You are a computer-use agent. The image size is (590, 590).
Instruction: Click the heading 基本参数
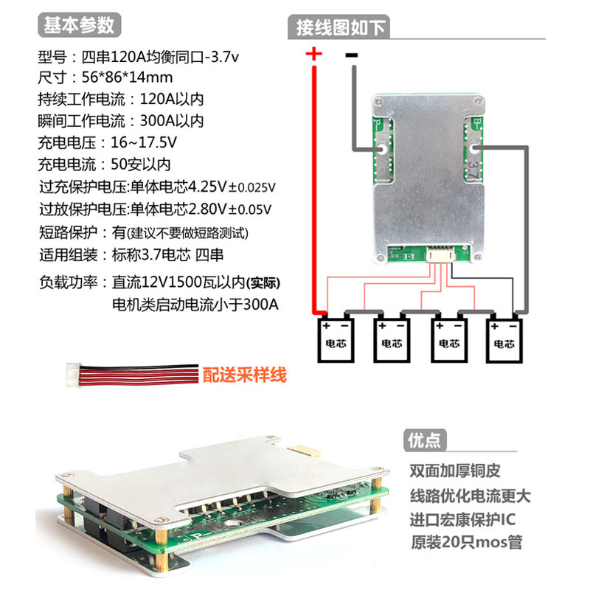click(x=79, y=25)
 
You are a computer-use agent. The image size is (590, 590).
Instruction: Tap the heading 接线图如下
click(x=341, y=27)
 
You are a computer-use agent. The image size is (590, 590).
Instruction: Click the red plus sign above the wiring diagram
click(x=314, y=54)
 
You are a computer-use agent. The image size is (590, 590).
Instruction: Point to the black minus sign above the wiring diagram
click(x=352, y=55)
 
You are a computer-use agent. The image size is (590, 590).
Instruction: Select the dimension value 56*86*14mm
click(x=127, y=77)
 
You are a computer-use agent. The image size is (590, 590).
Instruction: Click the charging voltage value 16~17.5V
click(x=143, y=142)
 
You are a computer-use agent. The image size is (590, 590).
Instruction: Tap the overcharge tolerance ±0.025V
click(x=251, y=187)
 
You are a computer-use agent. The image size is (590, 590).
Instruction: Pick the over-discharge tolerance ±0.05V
click(x=250, y=209)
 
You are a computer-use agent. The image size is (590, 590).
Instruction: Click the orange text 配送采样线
click(x=245, y=375)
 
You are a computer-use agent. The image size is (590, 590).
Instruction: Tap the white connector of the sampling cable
click(x=73, y=375)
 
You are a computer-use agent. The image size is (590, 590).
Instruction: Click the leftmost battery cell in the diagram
click(x=336, y=340)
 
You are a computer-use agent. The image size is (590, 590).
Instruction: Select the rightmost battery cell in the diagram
click(x=504, y=341)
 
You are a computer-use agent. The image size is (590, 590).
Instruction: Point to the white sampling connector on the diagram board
click(x=440, y=256)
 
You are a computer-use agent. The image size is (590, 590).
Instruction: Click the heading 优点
click(x=424, y=440)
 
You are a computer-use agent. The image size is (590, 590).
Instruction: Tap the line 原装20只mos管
click(x=467, y=542)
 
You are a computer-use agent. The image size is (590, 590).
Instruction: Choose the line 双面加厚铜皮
click(x=455, y=471)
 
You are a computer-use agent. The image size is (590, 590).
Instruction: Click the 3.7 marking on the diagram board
click(x=473, y=170)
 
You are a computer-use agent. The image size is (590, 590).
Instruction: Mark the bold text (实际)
click(x=263, y=283)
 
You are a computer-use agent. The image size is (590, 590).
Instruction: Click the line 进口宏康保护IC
click(x=462, y=520)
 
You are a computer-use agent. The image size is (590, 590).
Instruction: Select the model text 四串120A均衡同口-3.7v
click(x=160, y=57)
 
